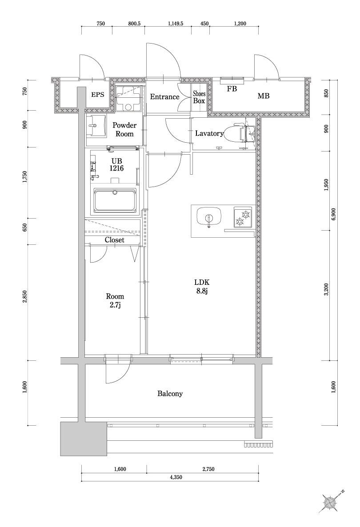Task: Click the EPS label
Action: [98, 95]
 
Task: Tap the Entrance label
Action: [164, 97]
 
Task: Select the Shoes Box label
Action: [199, 97]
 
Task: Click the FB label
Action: [232, 89]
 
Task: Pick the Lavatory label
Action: [208, 133]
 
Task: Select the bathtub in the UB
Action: [115, 200]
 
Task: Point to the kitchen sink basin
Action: [208, 217]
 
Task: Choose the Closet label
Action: [114, 240]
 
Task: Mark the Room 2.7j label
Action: [115, 300]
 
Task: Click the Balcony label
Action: [170, 394]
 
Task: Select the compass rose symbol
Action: [331, 502]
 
